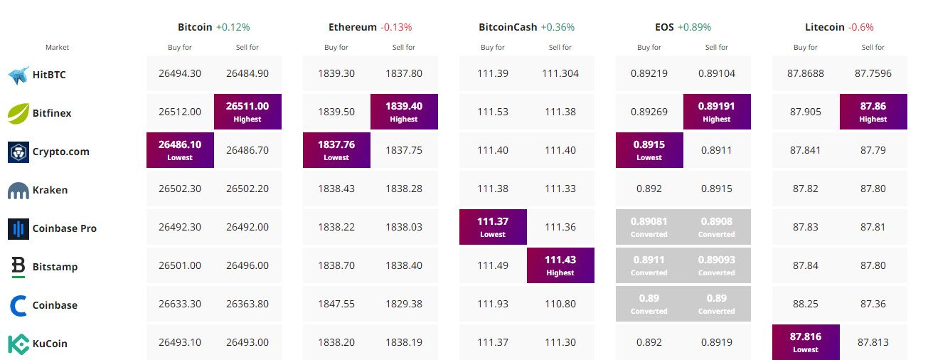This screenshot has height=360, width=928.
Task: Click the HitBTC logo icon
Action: [x=18, y=75]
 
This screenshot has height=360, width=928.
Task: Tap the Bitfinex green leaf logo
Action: [x=18, y=113]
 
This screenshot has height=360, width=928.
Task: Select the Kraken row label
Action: [x=49, y=190]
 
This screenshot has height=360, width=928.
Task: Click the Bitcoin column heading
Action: [x=195, y=27]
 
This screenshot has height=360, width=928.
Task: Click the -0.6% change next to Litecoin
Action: [x=860, y=27]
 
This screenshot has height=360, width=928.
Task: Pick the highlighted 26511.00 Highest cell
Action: [x=247, y=112]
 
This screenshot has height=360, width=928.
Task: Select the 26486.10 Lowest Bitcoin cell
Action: [x=180, y=150]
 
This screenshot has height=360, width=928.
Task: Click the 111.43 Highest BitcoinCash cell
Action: [x=560, y=265]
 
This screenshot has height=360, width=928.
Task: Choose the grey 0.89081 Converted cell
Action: [x=649, y=227]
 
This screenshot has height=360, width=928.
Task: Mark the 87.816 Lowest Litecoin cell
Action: [x=806, y=342]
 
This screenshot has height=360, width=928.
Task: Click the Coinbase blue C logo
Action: [x=18, y=305]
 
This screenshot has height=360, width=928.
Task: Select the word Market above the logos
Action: [x=57, y=48]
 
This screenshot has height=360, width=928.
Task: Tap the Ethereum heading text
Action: [x=352, y=27]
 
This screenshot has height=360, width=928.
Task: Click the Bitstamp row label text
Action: [x=55, y=267]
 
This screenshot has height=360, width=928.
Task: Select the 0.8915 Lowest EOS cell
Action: [x=649, y=150]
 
